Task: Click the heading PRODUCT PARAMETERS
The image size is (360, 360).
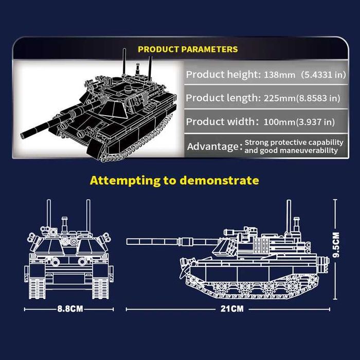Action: [188, 49]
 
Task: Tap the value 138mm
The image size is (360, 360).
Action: [280, 75]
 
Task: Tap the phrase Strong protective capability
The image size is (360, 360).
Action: [294, 142]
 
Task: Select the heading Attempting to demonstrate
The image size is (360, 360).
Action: [174, 180]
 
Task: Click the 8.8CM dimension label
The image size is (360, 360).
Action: [70, 309]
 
